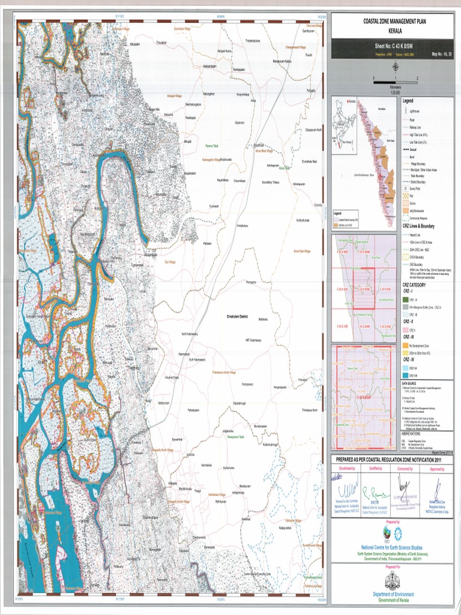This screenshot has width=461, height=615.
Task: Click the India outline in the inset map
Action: click(344, 120)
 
